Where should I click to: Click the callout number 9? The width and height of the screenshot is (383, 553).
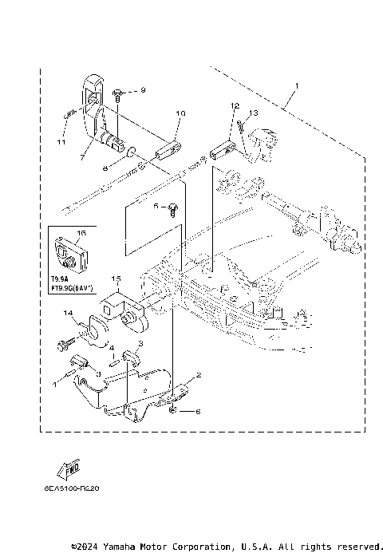(144, 90)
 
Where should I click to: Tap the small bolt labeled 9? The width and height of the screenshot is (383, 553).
(117, 95)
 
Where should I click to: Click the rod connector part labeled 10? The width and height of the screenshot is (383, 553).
(171, 148)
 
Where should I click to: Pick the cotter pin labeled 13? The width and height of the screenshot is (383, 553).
(240, 125)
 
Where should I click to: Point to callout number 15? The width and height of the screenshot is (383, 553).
(116, 279)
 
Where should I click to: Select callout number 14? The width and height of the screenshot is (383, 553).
(69, 313)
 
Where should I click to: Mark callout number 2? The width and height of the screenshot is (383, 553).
(199, 374)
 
